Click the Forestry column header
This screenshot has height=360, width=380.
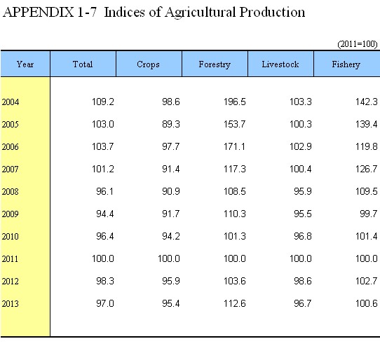pyautogui.click(x=215, y=64)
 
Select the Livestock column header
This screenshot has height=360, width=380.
pyautogui.click(x=280, y=64)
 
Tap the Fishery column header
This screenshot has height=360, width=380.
pyautogui.click(x=346, y=64)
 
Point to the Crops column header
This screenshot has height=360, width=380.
pyautogui.click(x=148, y=64)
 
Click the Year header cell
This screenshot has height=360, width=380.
pyautogui.click(x=25, y=64)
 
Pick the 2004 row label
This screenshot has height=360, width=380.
pyautogui.click(x=11, y=102)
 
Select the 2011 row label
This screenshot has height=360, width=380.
pyautogui.click(x=10, y=259)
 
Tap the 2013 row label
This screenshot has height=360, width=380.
pyautogui.click(x=11, y=303)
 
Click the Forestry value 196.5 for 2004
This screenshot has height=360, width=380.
pyautogui.click(x=234, y=102)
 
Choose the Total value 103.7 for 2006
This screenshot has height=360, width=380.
pyautogui.click(x=102, y=146)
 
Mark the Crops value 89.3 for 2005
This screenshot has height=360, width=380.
pyautogui.click(x=171, y=124)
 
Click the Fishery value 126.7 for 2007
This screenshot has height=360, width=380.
pyautogui.click(x=366, y=169)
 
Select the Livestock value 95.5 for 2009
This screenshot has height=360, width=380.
pyautogui.click(x=302, y=214)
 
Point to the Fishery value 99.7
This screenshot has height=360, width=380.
pyautogui.click(x=368, y=214)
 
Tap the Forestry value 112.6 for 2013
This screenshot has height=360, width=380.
pyautogui.click(x=234, y=303)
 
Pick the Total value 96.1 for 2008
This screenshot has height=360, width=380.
pyautogui.click(x=104, y=191)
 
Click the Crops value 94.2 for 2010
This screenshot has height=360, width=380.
pyautogui.click(x=171, y=236)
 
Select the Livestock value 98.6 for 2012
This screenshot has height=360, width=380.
pyautogui.click(x=302, y=281)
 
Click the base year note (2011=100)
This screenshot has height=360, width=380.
pyautogui.click(x=358, y=44)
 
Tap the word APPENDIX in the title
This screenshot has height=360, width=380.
pyautogui.click(x=39, y=12)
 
